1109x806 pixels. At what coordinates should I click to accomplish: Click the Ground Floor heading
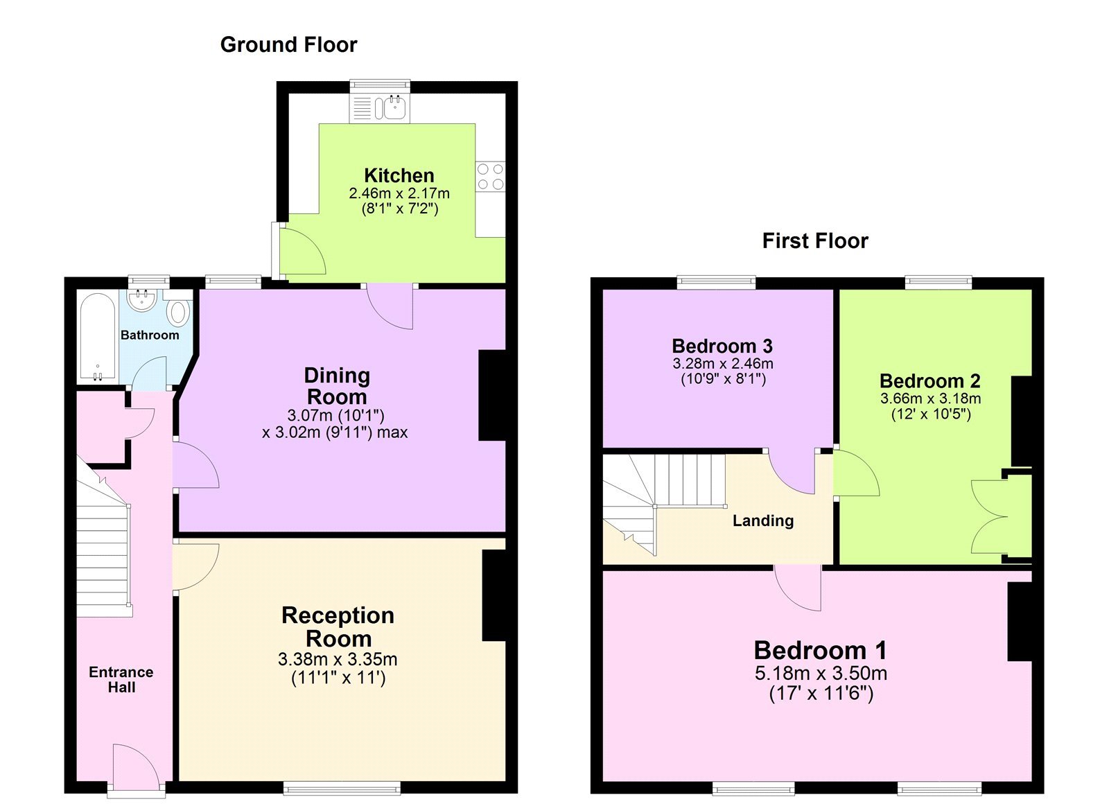[288, 44]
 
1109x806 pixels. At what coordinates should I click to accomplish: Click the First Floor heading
[814, 240]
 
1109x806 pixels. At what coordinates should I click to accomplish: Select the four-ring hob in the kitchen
[490, 176]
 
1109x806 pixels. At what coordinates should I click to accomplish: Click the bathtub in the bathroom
[98, 337]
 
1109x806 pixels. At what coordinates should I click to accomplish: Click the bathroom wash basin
[142, 301]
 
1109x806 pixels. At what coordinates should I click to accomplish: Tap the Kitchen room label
[399, 175]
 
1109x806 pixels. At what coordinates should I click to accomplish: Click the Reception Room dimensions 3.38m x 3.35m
[338, 659]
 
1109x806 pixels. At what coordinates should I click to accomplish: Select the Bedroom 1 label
[820, 650]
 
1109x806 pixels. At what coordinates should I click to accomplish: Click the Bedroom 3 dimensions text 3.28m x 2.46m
[722, 363]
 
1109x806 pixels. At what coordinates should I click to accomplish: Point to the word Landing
[762, 520]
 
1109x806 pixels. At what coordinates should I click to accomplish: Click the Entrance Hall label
[121, 679]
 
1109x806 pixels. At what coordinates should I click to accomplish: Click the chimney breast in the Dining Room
[493, 395]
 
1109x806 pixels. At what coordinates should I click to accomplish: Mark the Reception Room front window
[342, 787]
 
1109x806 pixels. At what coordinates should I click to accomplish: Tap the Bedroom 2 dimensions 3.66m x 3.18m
[930, 398]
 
